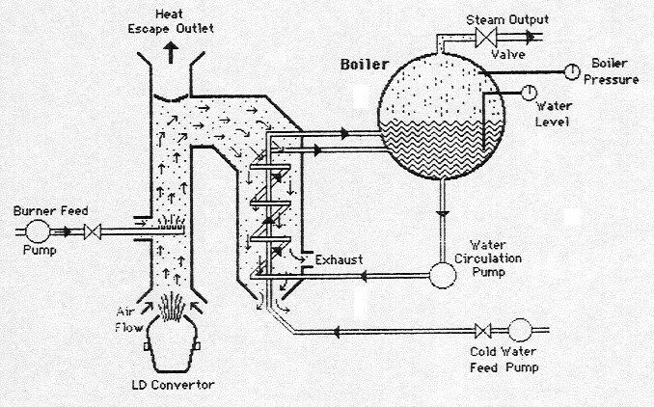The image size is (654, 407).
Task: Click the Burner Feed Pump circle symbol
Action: (40, 231)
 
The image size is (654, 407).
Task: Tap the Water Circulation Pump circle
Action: (443, 274)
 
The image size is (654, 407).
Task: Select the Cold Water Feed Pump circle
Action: (521, 330)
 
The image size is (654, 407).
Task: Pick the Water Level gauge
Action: (529, 93)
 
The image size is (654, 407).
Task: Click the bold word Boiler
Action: (363, 65)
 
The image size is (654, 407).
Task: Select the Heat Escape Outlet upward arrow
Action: (173, 53)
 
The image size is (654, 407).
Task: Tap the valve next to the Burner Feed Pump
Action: (95, 232)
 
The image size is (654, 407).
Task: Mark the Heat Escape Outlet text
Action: (173, 20)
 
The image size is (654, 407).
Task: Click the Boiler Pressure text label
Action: (614, 70)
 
